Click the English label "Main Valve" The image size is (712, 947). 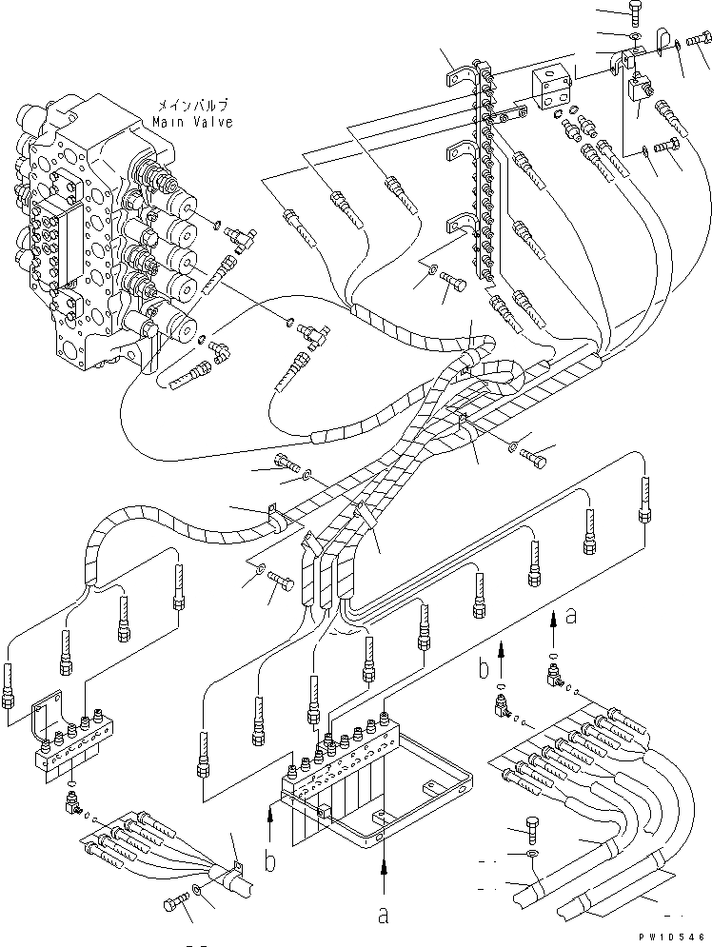pos(192,122)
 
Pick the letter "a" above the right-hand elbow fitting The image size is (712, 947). pos(571,616)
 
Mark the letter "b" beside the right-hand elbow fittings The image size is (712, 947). pos(484,669)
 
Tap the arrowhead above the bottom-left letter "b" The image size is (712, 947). pos(271,814)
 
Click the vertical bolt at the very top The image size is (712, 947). pos(632,12)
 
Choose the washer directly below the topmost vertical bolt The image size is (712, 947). pos(633,36)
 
